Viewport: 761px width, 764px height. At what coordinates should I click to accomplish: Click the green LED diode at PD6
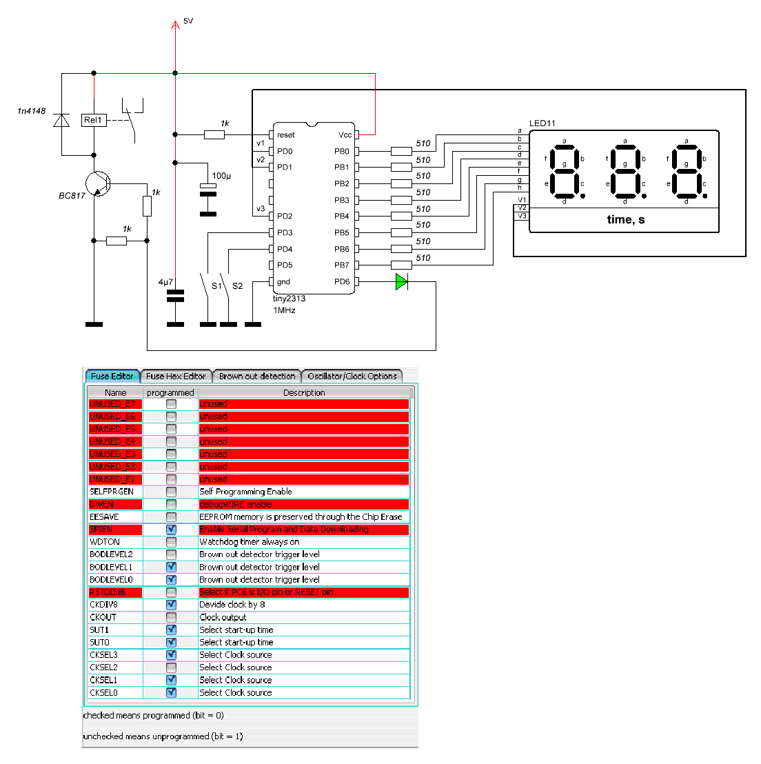tap(402, 281)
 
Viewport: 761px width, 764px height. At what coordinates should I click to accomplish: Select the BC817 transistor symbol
tap(97, 184)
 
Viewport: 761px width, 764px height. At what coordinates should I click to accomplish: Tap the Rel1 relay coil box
tap(93, 120)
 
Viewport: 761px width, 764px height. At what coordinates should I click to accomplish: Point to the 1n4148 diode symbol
tap(62, 121)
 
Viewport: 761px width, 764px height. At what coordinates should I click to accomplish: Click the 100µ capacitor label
tap(221, 176)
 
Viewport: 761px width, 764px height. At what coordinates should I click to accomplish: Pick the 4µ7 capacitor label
tap(165, 282)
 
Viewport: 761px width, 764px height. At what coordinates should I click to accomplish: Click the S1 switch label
tap(216, 285)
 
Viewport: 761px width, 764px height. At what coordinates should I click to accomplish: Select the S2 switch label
tap(237, 285)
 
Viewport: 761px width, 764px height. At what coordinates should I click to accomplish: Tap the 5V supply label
tap(188, 21)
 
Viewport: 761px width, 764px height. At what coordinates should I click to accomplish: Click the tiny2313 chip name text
tap(289, 299)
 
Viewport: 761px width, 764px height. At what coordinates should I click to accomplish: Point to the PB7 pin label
tap(341, 265)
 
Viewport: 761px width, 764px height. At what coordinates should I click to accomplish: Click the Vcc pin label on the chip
tap(345, 135)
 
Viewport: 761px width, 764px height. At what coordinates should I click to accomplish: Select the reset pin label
tap(286, 135)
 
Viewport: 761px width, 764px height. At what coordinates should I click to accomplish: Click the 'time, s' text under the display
tap(625, 219)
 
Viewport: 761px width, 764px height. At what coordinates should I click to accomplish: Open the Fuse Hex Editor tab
tap(176, 376)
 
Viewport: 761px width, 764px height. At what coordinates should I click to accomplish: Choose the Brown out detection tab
tap(257, 376)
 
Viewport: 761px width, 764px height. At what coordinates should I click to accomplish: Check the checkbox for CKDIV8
tap(171, 605)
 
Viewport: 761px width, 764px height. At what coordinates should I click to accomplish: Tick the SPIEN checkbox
tap(171, 530)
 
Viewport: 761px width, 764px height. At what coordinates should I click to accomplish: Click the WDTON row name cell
tap(105, 542)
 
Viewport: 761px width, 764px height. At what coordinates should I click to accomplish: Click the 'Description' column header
tap(304, 392)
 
